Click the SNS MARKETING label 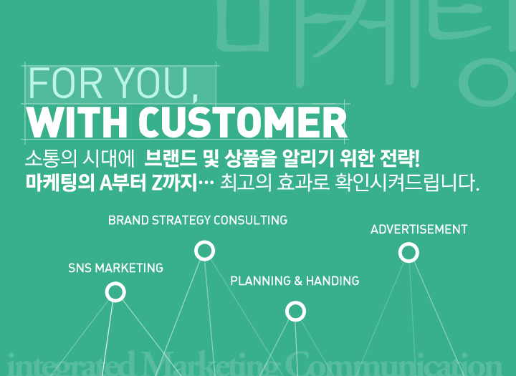[115, 268]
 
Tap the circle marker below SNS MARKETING [115, 292]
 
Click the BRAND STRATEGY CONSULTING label [198, 220]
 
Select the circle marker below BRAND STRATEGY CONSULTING [205, 251]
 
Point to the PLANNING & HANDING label [295, 281]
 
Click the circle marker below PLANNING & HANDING [295, 311]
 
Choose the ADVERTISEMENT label [419, 230]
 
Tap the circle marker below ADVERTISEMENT [408, 252]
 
